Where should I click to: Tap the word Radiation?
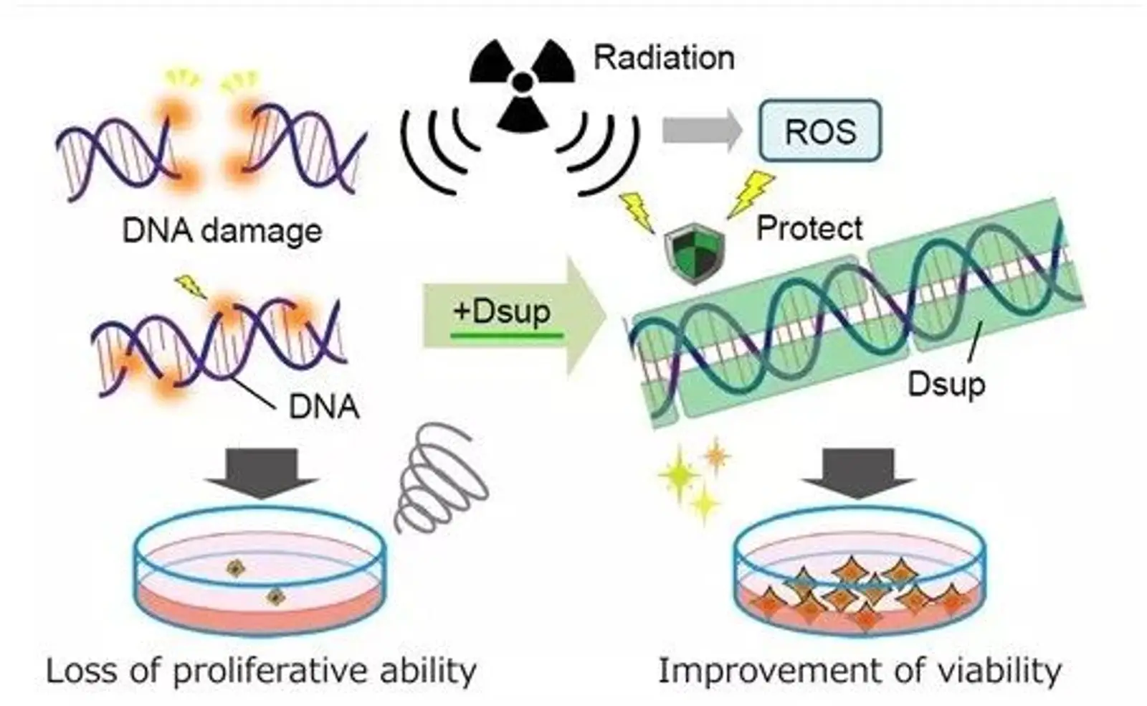pos(664,57)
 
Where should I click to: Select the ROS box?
pos(820,131)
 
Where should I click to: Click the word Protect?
pos(809,228)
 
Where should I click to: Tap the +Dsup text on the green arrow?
pos(503,311)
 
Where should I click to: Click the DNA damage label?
pos(222,231)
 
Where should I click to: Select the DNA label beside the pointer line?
pos(323,406)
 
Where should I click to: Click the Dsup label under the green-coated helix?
pos(946,384)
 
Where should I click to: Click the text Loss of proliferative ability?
pos(261,671)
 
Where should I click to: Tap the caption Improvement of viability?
pos(860,671)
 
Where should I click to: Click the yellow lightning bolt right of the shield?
pos(751,192)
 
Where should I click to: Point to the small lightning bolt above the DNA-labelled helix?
pos(191,286)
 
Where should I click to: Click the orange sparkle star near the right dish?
pos(715,454)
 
